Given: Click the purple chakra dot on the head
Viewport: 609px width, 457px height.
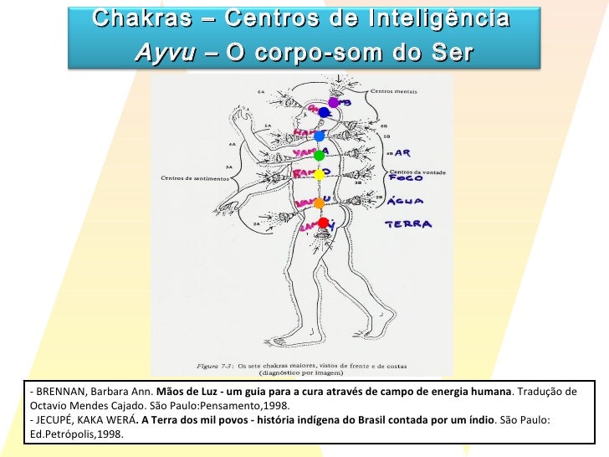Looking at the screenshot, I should point(333,102).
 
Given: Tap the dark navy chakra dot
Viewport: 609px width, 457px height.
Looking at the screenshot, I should point(325,112).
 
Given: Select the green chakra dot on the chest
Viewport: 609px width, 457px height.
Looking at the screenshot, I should point(319,156).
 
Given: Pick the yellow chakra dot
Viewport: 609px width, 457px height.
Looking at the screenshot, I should point(319,175).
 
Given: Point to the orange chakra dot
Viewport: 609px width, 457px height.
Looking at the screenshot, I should point(319,203).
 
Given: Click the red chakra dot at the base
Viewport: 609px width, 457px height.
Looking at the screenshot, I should point(322,223).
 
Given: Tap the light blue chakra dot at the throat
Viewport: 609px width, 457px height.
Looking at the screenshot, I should point(319,136).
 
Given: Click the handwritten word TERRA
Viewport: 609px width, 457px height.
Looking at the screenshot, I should point(408,224).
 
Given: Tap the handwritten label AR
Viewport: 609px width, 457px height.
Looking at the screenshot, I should point(402,154).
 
